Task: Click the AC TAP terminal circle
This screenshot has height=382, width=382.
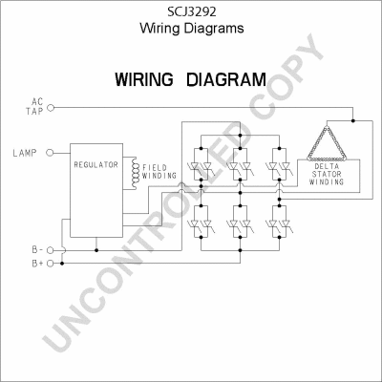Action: pyautogui.click(x=51, y=108)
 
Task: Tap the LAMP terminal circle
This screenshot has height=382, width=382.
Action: pyautogui.click(x=50, y=153)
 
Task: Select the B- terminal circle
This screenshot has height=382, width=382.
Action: pyautogui.click(x=50, y=250)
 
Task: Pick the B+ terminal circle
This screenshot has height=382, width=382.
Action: pyautogui.click(x=50, y=264)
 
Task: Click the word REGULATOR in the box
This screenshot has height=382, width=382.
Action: pyautogui.click(x=95, y=164)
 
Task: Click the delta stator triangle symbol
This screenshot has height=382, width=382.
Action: pyautogui.click(x=327, y=143)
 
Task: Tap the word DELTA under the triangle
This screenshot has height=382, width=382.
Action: pyautogui.click(x=327, y=166)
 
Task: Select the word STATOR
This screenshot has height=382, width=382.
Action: pyautogui.click(x=327, y=174)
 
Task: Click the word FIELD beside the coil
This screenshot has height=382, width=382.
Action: pyautogui.click(x=155, y=167)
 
